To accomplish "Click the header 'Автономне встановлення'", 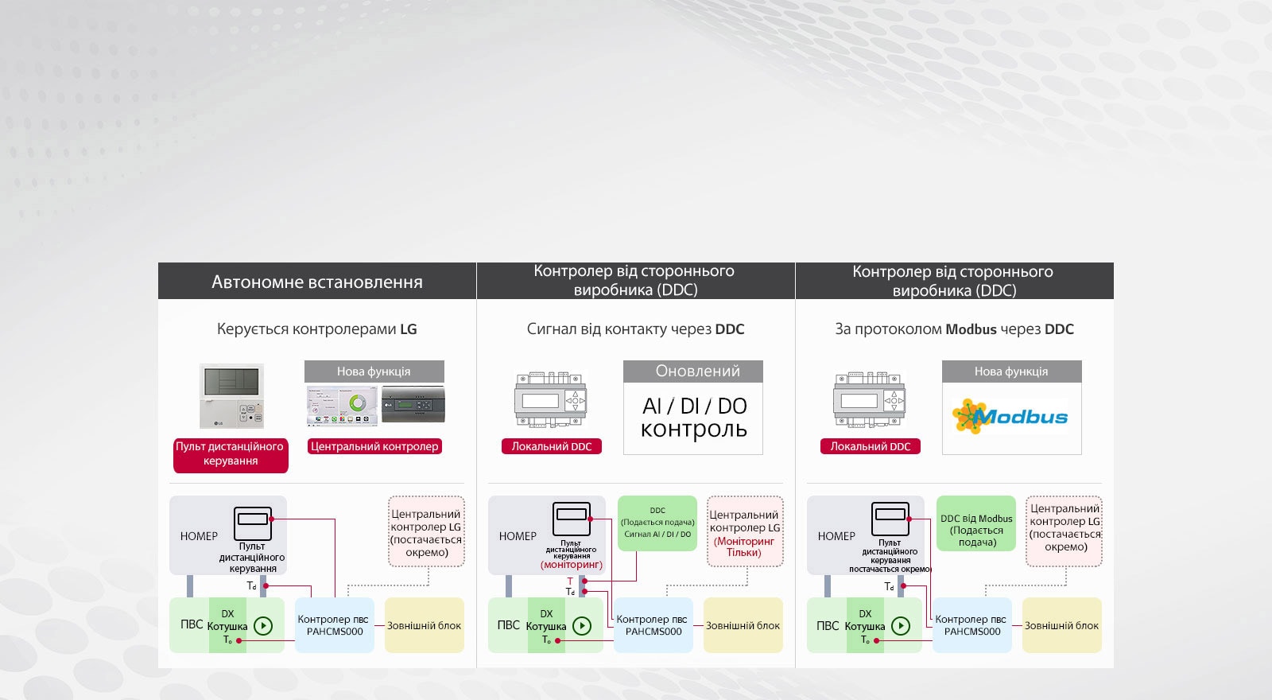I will (x=316, y=282).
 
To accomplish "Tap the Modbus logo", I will (x=1010, y=416).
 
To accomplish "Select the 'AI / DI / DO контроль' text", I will (x=693, y=418).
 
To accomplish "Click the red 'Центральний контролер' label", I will (x=374, y=446).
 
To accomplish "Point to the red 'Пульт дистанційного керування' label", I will (x=230, y=453).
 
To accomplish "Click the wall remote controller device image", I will (x=231, y=395).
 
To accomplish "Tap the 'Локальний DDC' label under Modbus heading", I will (x=870, y=446).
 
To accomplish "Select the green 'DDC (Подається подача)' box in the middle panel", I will (x=657, y=523).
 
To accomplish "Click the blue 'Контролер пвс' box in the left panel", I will (x=333, y=625).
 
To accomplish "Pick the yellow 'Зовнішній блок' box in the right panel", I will (x=1061, y=625).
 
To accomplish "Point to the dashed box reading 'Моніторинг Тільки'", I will (x=744, y=531).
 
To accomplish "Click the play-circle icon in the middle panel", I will (x=582, y=626).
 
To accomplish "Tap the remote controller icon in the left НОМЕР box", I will (x=253, y=523).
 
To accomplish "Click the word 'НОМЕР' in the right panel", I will (x=836, y=536).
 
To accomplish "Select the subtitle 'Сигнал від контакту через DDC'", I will (x=635, y=329).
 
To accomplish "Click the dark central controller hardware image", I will (x=413, y=405).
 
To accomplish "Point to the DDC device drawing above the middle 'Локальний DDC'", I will (x=550, y=400).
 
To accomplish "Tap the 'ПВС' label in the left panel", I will (x=192, y=624).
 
